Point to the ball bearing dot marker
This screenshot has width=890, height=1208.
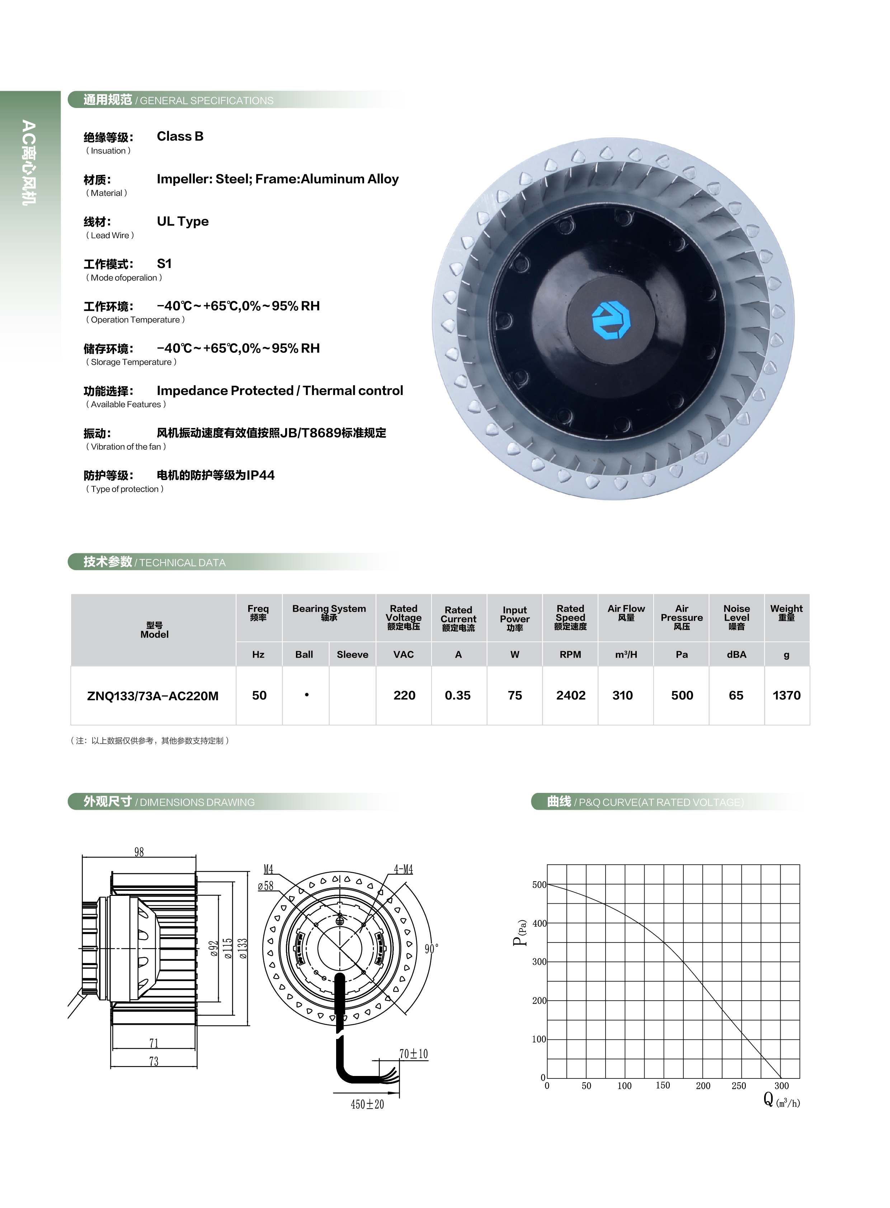coord(307,695)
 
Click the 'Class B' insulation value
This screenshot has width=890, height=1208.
coord(180,136)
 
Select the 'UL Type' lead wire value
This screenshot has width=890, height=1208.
coord(183,221)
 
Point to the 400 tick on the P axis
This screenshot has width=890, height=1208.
coord(539,923)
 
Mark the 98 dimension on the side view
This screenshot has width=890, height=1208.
coord(139,852)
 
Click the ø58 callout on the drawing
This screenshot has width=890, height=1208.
coord(265,886)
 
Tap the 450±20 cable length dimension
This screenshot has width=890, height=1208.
coord(367,1104)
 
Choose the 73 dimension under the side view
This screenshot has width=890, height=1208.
coord(154,1061)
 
